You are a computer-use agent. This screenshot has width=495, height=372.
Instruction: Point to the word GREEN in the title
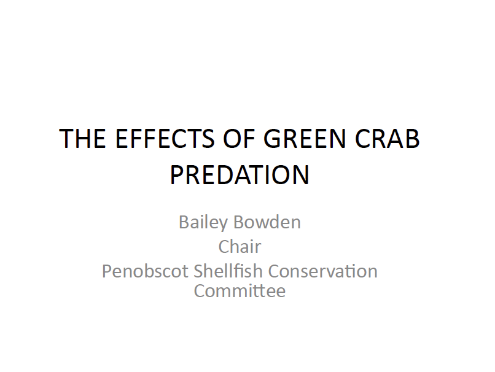[x=303, y=140]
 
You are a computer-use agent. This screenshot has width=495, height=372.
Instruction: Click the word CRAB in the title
[x=389, y=140]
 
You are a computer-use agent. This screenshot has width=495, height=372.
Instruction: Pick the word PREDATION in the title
[x=240, y=175]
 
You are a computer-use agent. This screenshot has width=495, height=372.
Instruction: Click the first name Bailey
[x=204, y=222]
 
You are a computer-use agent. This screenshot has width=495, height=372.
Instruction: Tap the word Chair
[x=240, y=247]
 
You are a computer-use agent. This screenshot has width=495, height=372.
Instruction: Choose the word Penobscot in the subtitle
[x=145, y=271]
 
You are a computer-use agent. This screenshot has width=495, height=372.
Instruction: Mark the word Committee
[x=240, y=290]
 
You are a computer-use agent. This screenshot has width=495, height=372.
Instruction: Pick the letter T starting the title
[x=66, y=140]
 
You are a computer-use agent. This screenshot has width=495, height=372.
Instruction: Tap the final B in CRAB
[x=413, y=140]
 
